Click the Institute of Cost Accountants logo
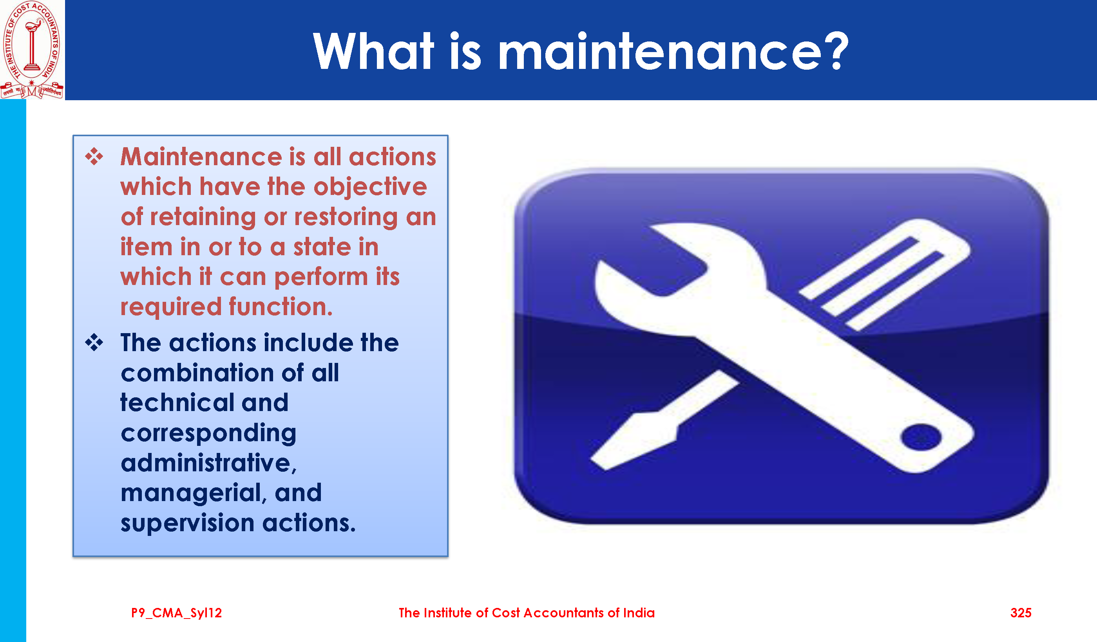[x=32, y=50]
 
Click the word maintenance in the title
[x=660, y=52]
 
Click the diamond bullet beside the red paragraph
[x=94, y=156]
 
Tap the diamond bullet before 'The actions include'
[x=94, y=343]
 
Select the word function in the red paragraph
[x=281, y=307]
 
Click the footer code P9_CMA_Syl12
[x=176, y=613]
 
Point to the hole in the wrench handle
[x=921, y=437]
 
